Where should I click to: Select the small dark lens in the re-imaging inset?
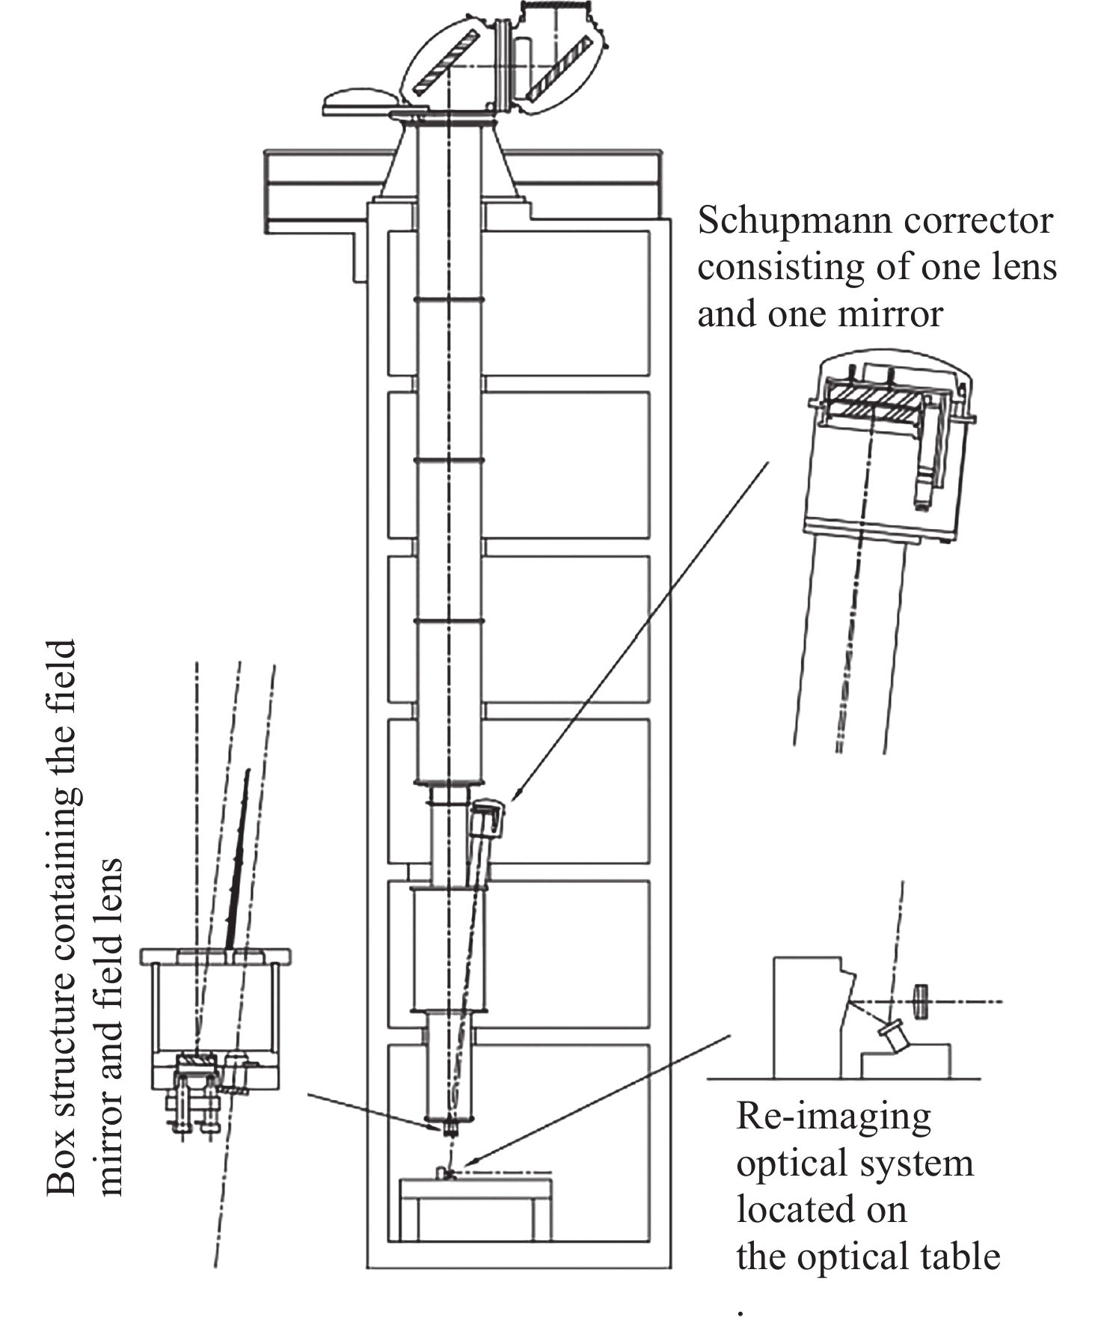click(x=921, y=1002)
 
